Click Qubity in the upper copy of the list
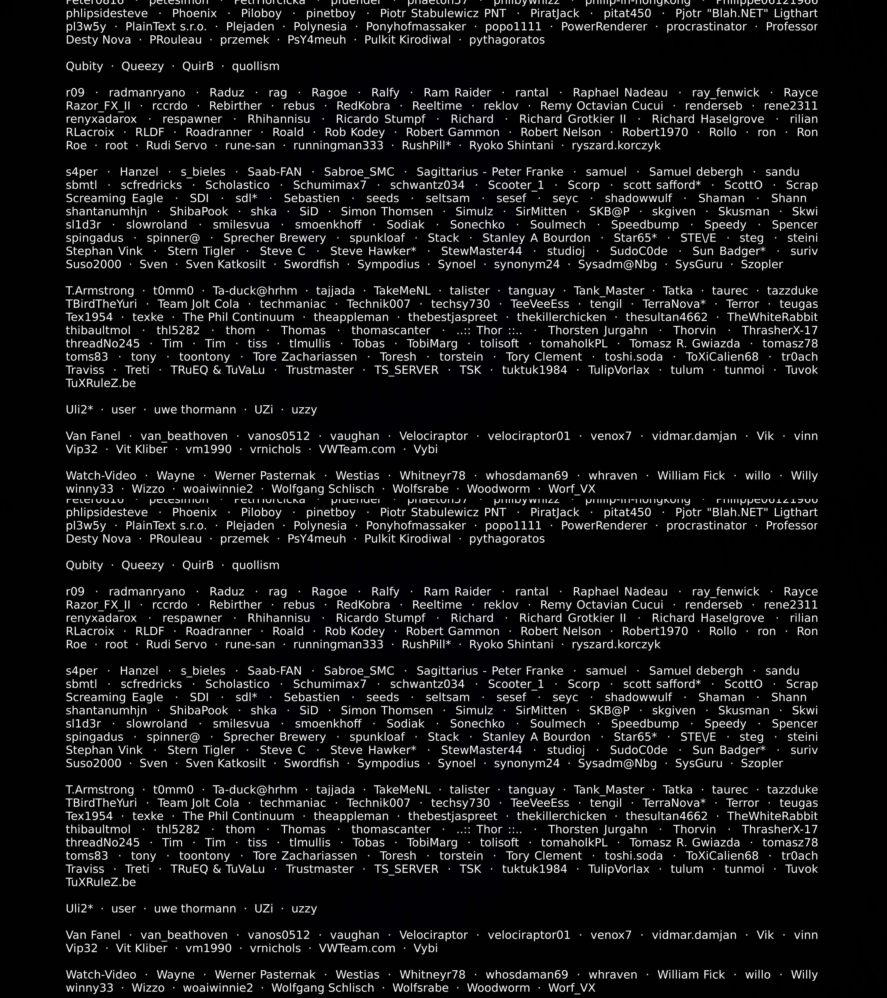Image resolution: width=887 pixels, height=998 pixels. click(x=84, y=66)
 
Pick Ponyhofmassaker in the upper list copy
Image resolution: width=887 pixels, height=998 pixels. click(x=416, y=27)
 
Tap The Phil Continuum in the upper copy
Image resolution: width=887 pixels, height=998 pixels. click(x=238, y=317)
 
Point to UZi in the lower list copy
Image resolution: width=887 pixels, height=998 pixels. click(x=264, y=909)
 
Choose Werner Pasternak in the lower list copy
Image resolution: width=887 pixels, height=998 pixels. click(x=265, y=974)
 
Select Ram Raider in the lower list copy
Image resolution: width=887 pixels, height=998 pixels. click(x=457, y=592)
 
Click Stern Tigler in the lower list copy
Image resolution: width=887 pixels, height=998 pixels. click(x=201, y=750)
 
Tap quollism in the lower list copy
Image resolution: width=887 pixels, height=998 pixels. click(x=255, y=565)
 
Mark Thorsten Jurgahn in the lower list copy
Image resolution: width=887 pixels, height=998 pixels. click(x=598, y=829)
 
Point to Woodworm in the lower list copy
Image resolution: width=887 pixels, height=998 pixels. click(x=498, y=988)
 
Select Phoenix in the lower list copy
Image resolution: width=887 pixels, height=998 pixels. click(x=194, y=513)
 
